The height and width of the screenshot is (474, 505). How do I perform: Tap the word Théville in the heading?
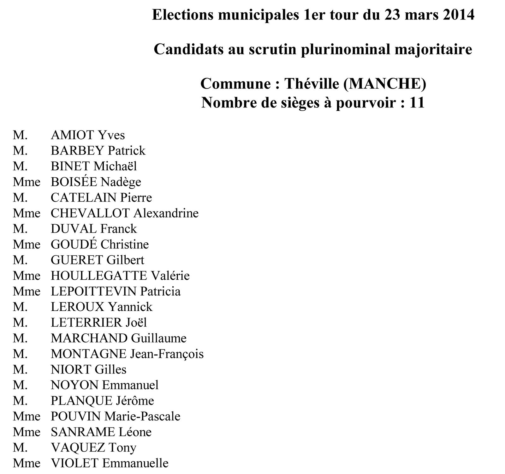[x=312, y=84]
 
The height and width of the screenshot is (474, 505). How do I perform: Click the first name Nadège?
[x=121, y=182]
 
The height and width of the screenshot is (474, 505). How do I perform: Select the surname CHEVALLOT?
[x=90, y=213]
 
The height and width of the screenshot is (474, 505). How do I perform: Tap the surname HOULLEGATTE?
[x=99, y=276]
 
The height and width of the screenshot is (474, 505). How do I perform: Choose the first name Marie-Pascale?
[x=142, y=416]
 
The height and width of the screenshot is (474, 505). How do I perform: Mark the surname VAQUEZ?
[x=78, y=447]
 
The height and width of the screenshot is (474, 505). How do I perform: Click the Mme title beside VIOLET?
[x=27, y=463]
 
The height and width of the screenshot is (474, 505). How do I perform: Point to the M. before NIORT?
[x=20, y=369]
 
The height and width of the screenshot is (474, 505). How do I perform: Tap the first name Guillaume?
[x=159, y=338]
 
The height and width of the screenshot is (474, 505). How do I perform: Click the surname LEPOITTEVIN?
[x=93, y=291]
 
